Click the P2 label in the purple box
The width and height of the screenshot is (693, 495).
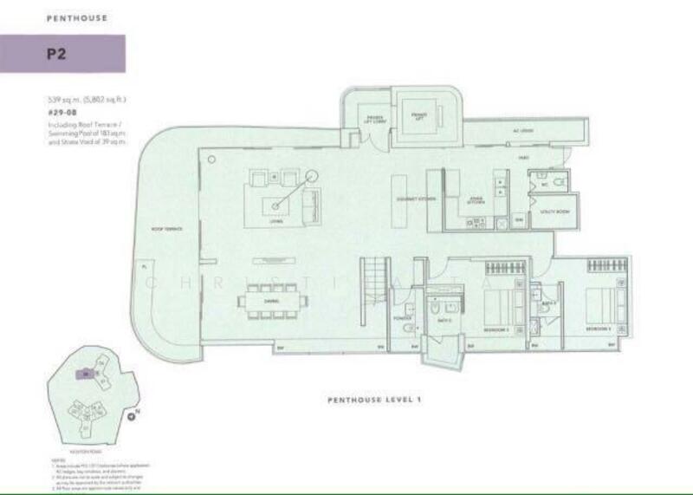(x=57, y=54)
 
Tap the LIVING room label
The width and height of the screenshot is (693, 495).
(x=276, y=222)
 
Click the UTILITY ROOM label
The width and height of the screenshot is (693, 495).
(x=554, y=212)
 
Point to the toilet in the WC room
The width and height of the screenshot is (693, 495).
(x=560, y=180)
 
